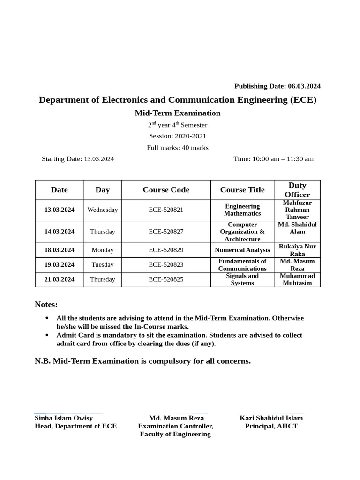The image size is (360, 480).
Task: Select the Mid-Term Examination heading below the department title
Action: (x=178, y=113)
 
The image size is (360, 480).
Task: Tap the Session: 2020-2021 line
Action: (x=178, y=136)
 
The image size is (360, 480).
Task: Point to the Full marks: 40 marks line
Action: (x=178, y=148)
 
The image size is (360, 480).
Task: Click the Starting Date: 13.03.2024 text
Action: (x=78, y=159)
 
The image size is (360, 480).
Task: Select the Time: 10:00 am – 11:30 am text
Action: (x=273, y=159)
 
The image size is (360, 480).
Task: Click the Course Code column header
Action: (x=166, y=190)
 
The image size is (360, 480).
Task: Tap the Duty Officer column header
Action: (x=297, y=190)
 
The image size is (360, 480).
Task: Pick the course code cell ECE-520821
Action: (x=166, y=210)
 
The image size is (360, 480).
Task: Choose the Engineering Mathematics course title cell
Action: (x=242, y=210)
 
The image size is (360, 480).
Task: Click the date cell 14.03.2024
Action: (x=60, y=232)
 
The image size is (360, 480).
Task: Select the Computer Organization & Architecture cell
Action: (x=242, y=232)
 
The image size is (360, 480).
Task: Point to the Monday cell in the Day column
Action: (x=103, y=250)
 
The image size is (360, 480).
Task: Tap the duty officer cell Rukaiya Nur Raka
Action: (x=297, y=250)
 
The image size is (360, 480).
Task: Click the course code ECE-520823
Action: (x=166, y=265)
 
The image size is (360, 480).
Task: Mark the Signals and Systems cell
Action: (x=242, y=279)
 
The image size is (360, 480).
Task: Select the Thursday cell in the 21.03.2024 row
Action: (x=103, y=279)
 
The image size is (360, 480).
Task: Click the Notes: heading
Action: (x=46, y=305)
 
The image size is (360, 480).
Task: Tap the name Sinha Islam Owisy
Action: (x=64, y=418)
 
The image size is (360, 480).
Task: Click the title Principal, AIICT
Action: (x=271, y=426)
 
